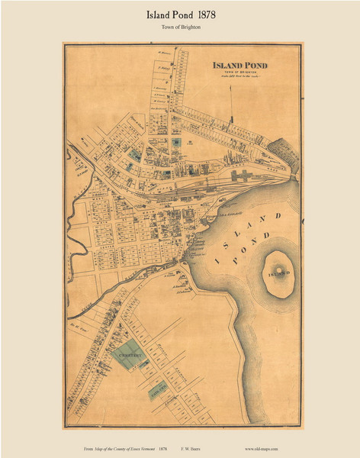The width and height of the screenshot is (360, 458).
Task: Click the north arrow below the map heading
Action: [x=230, y=122]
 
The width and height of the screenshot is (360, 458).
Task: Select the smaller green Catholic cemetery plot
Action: [x=159, y=392]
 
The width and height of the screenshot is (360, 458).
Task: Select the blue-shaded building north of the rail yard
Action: [x=176, y=143]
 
